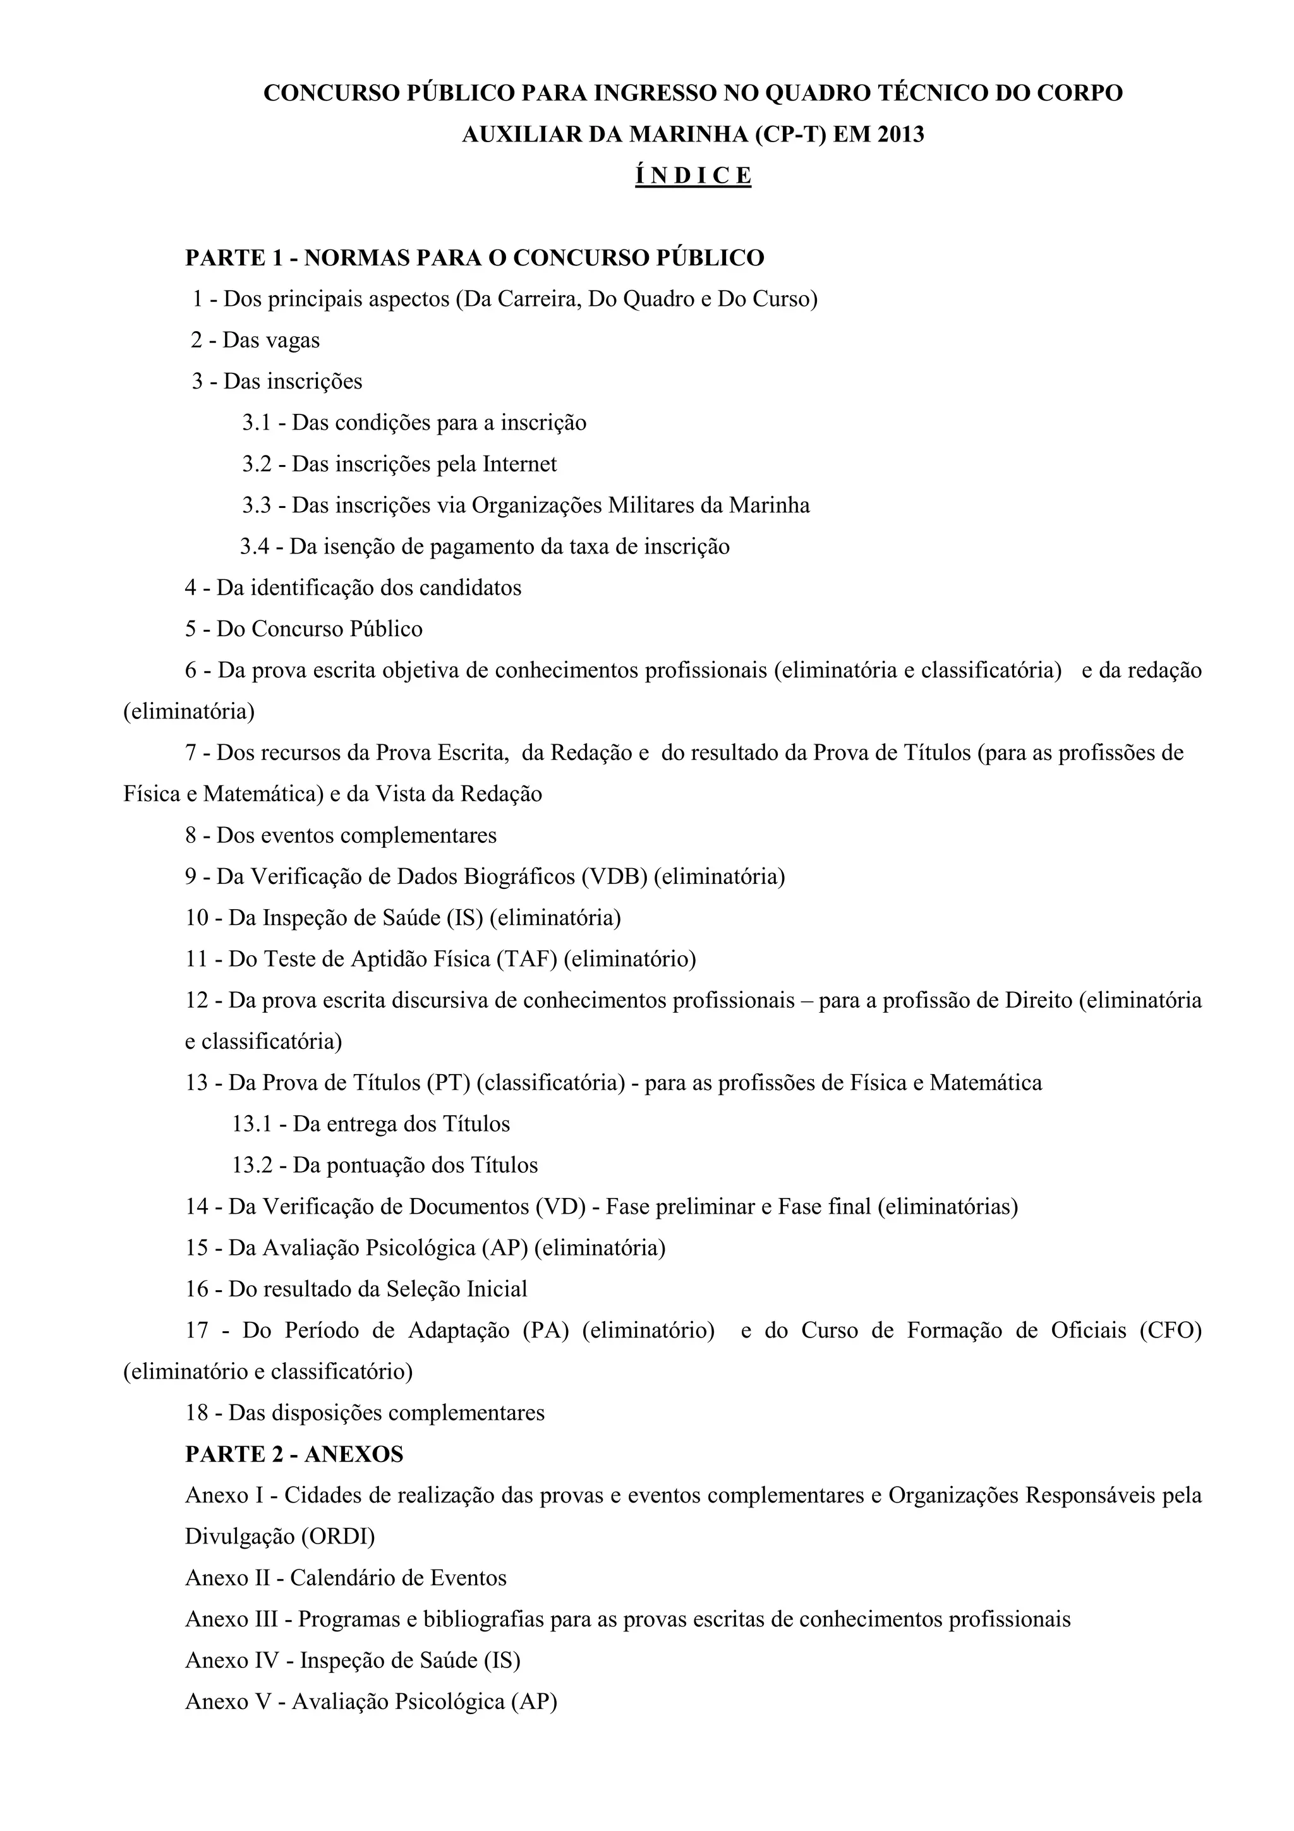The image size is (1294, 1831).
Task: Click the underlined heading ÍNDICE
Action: pyautogui.click(x=693, y=176)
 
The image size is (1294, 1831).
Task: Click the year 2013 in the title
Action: pyautogui.click(x=900, y=134)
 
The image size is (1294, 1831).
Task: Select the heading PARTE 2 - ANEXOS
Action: pyautogui.click(x=294, y=1454)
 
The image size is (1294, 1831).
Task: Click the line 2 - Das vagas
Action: pyautogui.click(x=255, y=341)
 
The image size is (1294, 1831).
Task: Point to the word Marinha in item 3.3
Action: pyautogui.click(x=770, y=505)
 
